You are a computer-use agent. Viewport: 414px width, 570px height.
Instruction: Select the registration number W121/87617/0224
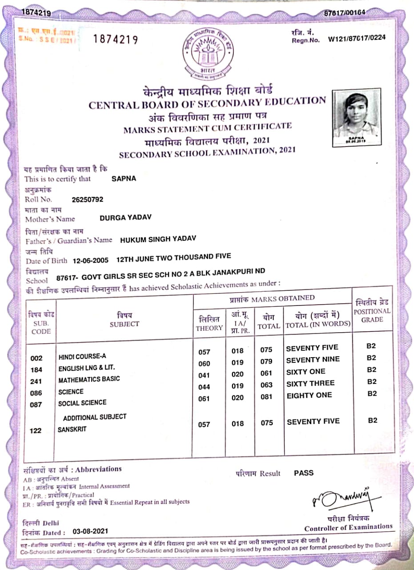[x=357, y=38]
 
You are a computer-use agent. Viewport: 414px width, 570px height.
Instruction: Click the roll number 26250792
[x=88, y=199]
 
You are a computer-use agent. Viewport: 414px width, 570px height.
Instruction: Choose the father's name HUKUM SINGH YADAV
[x=158, y=239]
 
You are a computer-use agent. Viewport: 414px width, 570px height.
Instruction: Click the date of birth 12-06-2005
[x=90, y=260]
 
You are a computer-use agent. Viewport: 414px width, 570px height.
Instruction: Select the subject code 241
[x=36, y=382]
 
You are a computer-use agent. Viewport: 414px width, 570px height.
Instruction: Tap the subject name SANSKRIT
[x=72, y=430]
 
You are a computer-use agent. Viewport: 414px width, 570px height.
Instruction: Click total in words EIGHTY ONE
[x=309, y=395]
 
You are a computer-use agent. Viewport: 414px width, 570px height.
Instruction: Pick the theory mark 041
[x=204, y=375]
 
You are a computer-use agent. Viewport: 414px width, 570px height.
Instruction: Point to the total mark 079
[x=266, y=362]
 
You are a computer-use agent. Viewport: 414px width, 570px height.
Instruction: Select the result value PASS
[x=304, y=473]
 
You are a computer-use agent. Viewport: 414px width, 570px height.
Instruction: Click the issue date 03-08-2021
[x=91, y=531]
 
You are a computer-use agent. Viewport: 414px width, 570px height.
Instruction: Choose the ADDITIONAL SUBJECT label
[x=95, y=417]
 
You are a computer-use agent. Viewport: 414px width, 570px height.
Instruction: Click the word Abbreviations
[x=98, y=469]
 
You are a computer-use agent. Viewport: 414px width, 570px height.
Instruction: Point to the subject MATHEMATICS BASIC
[x=89, y=379]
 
